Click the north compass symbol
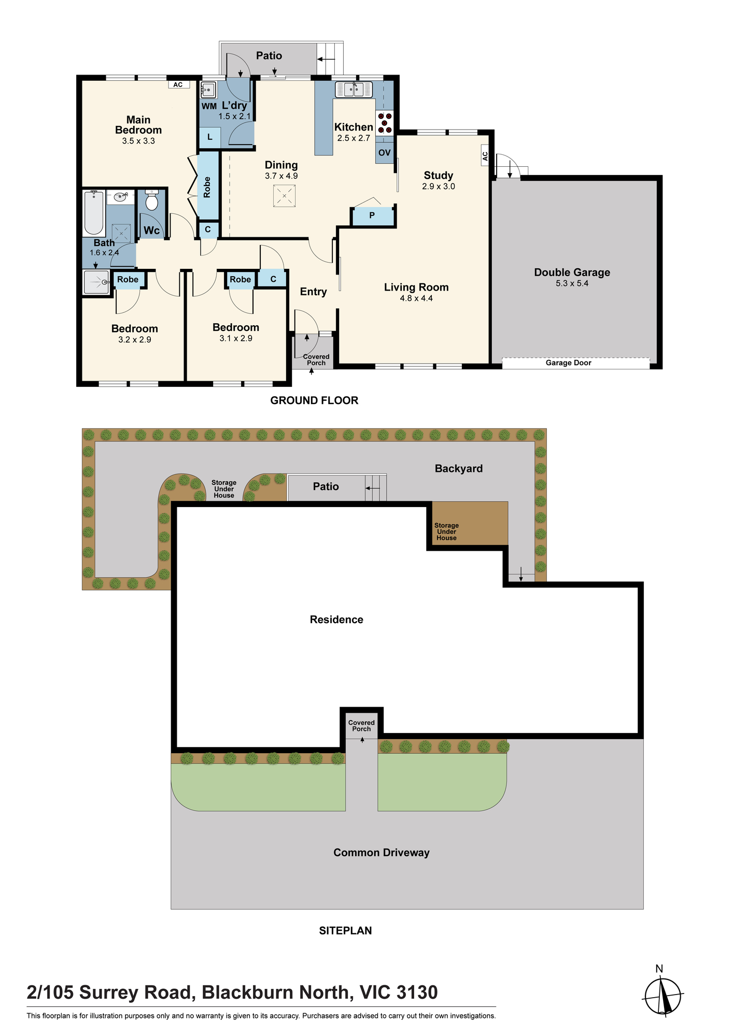(x=662, y=995)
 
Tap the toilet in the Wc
(x=152, y=200)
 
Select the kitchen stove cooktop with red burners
(x=385, y=123)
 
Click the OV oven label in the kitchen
(x=385, y=153)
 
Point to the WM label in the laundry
(x=209, y=106)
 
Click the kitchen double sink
(x=354, y=90)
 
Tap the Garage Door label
(x=569, y=363)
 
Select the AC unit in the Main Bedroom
(x=178, y=84)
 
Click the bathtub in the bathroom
(x=94, y=213)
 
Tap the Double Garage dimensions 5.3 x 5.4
(x=572, y=283)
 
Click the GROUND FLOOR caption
(x=314, y=400)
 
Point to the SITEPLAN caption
(x=346, y=931)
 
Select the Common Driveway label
(x=382, y=853)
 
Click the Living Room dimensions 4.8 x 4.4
(x=416, y=298)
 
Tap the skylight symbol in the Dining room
(x=284, y=196)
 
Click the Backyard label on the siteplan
(x=459, y=469)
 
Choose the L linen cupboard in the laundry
(x=210, y=137)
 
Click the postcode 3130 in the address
(x=417, y=992)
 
